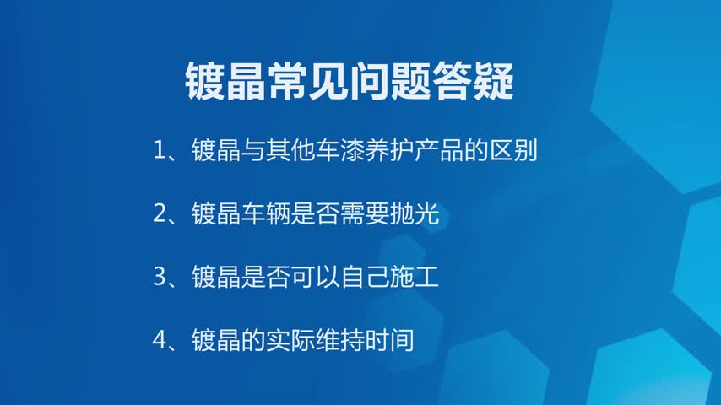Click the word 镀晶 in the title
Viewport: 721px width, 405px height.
225,81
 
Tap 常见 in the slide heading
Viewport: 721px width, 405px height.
307,81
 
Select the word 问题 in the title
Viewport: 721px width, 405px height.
390,81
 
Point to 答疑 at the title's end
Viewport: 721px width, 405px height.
473,81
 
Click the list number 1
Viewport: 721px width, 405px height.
159,150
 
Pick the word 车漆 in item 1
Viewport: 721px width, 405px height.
340,150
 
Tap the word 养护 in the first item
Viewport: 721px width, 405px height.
390,150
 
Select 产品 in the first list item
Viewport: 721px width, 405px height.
439,150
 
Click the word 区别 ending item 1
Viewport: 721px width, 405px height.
513,150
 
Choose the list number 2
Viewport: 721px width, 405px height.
160,213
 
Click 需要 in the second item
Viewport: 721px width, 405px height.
365,213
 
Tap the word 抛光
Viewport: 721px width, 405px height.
415,213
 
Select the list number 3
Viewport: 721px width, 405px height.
160,278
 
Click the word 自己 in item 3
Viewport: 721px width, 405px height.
365,278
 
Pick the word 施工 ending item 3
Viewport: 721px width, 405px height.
415,278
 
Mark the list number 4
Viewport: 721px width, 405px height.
160,340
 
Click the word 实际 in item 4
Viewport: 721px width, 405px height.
290,340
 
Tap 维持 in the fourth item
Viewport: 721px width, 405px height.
340,340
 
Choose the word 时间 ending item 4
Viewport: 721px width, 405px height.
390,340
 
